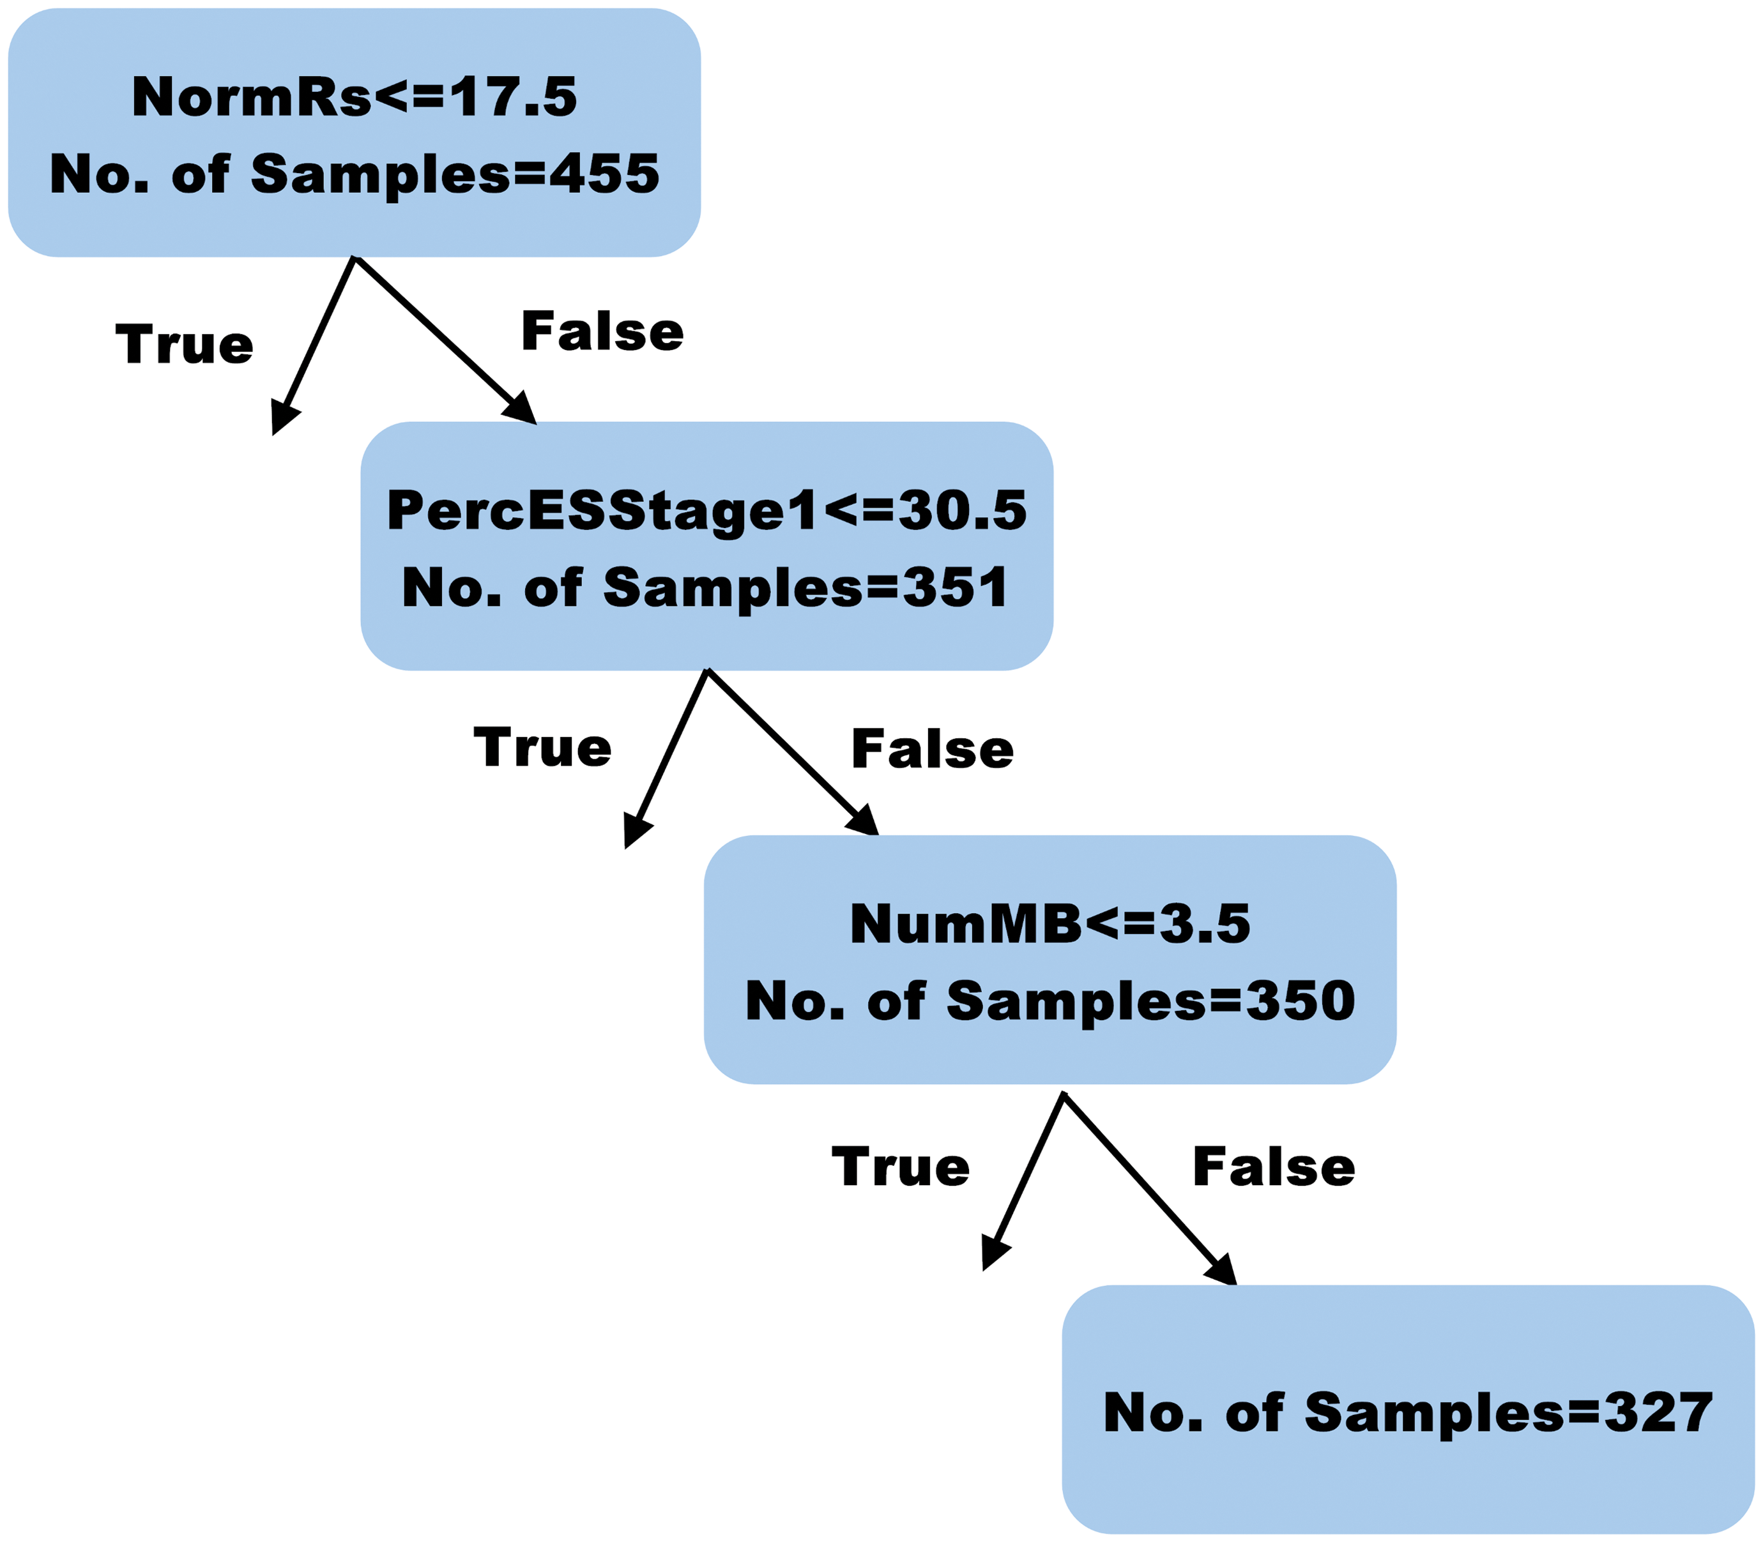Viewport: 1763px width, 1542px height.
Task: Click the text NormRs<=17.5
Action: pyautogui.click(x=354, y=96)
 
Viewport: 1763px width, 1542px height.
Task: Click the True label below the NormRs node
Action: pyautogui.click(x=184, y=344)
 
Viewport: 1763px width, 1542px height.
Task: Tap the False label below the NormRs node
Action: pyautogui.click(x=602, y=331)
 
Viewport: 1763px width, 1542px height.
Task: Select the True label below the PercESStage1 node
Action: pyautogui.click(x=542, y=747)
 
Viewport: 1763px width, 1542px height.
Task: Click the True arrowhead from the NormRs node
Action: pyautogui.click(x=284, y=418)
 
